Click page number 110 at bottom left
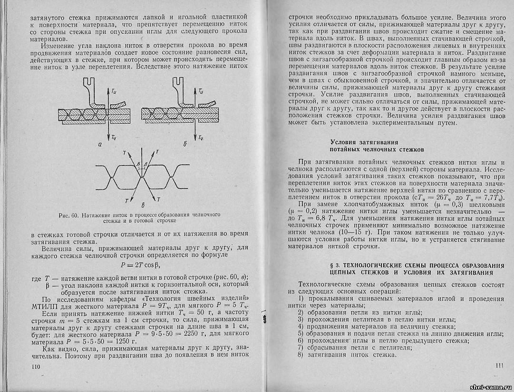click(x=34, y=366)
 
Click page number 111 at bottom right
click(x=499, y=365)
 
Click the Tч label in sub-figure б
click(x=202, y=138)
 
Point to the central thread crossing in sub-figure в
click(x=143, y=177)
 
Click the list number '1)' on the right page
click(x=294, y=299)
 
